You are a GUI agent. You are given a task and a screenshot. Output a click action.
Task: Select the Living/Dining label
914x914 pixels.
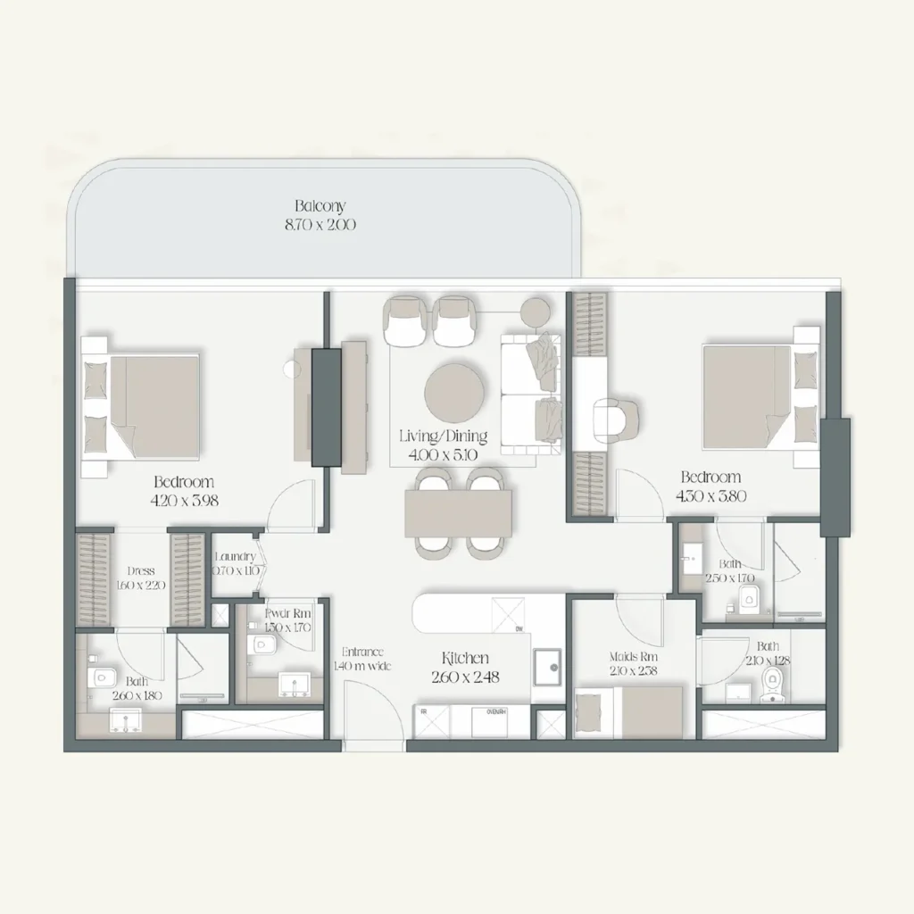coord(444,436)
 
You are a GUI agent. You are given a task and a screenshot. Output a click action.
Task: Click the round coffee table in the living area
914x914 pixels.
coord(456,392)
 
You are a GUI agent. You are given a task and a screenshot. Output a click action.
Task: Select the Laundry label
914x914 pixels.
coord(235,557)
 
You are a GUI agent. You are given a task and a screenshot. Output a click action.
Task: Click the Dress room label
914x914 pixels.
coord(141,570)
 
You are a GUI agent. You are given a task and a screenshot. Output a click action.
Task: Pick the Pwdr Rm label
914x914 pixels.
coord(287,614)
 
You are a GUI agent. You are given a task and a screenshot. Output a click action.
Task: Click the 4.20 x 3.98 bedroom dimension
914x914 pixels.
coord(185,501)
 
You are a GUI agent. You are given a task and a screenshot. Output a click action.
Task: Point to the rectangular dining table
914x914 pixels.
coord(459,513)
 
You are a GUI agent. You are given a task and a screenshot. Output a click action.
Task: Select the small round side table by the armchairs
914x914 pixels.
coord(536,311)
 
